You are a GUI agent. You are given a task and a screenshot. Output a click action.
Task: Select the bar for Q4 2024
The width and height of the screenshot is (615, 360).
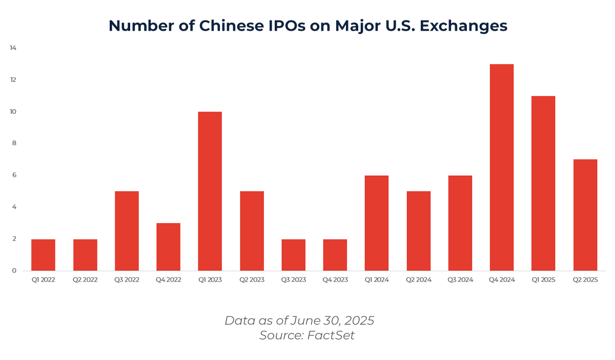(x=502, y=167)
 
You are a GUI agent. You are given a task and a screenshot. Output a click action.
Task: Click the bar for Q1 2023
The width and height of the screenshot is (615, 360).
(x=210, y=191)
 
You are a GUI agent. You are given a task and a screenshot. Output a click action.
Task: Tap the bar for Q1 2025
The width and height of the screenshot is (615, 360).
(x=543, y=183)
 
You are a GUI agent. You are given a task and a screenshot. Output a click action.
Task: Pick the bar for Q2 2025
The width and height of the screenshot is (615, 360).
(x=585, y=215)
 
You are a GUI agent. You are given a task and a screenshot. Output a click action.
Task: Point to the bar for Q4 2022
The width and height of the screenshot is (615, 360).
(x=168, y=247)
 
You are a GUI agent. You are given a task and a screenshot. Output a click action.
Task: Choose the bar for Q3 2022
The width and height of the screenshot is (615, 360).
(x=127, y=231)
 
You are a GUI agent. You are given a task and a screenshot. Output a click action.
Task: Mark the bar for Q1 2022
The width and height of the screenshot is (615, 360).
(x=43, y=255)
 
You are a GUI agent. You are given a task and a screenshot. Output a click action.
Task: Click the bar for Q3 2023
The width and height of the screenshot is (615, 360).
(x=293, y=255)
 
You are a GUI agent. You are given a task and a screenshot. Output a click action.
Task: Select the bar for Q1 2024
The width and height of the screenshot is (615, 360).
(x=377, y=223)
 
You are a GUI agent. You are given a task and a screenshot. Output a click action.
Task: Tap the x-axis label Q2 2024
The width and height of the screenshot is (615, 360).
(x=418, y=280)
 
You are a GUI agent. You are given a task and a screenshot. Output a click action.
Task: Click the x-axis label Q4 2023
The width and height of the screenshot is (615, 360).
(x=335, y=280)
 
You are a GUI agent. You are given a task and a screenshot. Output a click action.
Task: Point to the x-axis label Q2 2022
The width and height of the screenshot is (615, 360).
(x=85, y=280)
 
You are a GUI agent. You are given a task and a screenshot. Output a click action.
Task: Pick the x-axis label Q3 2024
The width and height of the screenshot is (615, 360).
(x=460, y=280)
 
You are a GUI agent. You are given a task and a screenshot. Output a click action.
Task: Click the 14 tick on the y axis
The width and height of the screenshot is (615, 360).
(x=13, y=48)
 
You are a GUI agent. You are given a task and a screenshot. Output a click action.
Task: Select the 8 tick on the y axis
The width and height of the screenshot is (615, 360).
(x=14, y=143)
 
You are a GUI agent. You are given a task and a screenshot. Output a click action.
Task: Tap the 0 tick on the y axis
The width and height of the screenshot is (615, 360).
(x=14, y=270)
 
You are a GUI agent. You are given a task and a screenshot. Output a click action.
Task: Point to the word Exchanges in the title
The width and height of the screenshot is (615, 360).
(x=463, y=26)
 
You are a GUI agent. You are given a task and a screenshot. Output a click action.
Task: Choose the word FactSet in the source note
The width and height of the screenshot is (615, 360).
(x=331, y=335)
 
